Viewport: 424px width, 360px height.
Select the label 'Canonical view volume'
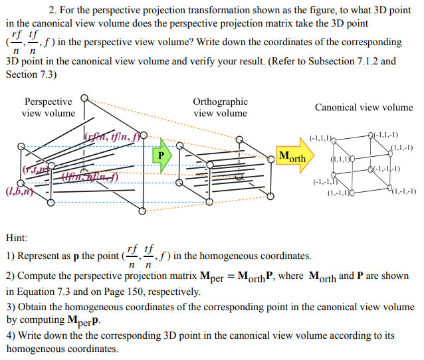point(364,107)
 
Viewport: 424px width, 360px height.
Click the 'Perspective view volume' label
point(49,107)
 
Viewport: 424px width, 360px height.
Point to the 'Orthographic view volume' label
point(220,107)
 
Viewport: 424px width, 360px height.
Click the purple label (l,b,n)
point(17,193)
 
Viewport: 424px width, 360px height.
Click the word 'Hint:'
point(17,237)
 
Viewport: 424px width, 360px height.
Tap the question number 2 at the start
point(52,11)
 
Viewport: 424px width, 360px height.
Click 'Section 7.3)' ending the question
point(31,74)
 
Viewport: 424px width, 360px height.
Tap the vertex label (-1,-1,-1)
point(387,169)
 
